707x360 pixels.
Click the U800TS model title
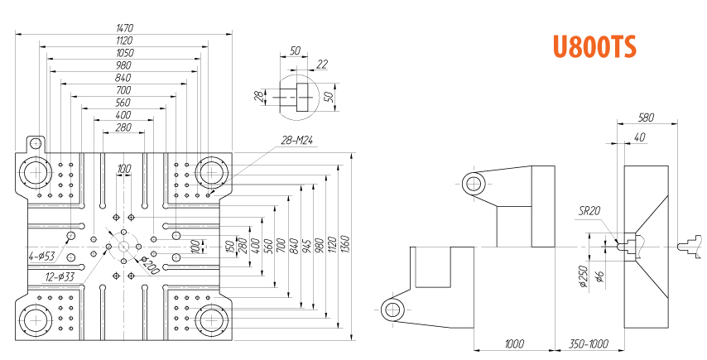(594, 47)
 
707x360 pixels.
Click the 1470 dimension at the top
(124, 28)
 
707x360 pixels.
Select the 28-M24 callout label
(296, 141)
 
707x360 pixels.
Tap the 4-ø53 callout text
(42, 257)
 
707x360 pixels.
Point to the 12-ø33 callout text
(60, 276)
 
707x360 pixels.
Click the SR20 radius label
(589, 210)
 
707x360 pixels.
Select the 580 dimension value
(646, 118)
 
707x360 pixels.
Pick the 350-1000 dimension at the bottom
(589, 343)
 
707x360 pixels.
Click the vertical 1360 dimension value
(345, 243)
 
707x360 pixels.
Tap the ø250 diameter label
(584, 276)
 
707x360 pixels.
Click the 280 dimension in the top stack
(123, 127)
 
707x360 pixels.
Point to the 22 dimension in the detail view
(322, 65)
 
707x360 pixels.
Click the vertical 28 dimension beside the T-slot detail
(259, 96)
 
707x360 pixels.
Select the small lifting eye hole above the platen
(35, 144)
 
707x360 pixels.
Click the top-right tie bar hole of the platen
(210, 172)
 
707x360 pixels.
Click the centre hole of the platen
(123, 247)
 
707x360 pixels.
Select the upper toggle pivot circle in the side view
(474, 184)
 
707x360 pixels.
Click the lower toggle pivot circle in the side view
(392, 310)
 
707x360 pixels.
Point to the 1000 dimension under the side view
(514, 343)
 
